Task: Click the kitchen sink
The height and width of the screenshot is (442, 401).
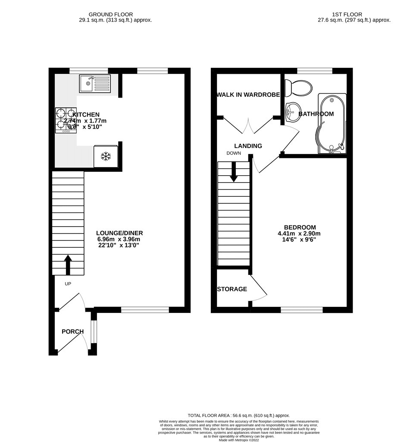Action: tap(94, 83)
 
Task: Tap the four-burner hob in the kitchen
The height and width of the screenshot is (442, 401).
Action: tap(65, 120)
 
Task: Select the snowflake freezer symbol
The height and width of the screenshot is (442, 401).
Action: tap(106, 156)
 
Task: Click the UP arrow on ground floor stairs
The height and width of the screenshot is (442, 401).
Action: tap(68, 264)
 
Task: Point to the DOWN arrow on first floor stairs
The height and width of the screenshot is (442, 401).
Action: tap(234, 171)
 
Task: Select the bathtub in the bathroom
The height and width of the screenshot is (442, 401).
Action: tap(332, 124)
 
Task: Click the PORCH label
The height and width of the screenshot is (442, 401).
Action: tap(72, 331)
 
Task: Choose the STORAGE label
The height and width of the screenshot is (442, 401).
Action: tap(232, 289)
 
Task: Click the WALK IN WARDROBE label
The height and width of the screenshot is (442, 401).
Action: tap(248, 95)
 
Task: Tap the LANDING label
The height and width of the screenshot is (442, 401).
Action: tap(248, 146)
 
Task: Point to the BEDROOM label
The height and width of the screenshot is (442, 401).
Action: tap(300, 227)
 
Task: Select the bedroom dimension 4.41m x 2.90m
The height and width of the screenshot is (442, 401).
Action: tap(299, 234)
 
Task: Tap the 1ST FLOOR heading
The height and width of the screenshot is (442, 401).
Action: tap(354, 14)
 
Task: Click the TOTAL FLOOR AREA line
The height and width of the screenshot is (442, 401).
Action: tap(239, 415)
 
